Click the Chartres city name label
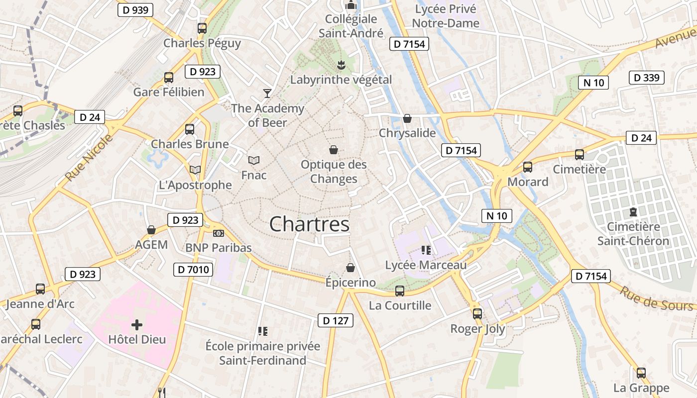point(309,224)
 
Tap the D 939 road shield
point(135,10)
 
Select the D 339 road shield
point(647,78)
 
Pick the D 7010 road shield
point(193,270)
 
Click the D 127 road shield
point(336,321)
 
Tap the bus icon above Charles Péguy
point(202,28)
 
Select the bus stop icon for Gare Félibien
point(169,78)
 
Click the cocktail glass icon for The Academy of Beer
point(267,93)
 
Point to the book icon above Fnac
point(254,160)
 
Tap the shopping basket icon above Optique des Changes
point(333,150)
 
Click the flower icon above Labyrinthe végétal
point(341,65)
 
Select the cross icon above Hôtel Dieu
point(137,325)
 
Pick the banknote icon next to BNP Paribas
point(218,233)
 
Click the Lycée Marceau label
point(426,265)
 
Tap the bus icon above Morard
point(528,167)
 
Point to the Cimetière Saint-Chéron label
point(633,234)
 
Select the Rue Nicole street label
point(89,158)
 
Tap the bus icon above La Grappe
point(641,373)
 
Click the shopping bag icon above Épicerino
point(350,268)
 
